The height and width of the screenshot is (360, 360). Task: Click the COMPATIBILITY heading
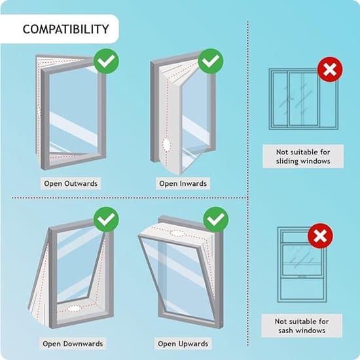click(x=65, y=29)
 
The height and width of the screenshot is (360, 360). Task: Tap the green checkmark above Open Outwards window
click(x=106, y=61)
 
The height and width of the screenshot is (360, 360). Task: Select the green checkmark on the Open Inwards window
click(x=211, y=61)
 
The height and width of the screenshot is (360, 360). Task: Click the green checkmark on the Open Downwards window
click(x=106, y=219)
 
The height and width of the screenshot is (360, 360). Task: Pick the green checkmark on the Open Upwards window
click(x=216, y=219)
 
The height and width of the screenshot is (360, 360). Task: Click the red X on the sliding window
click(x=330, y=69)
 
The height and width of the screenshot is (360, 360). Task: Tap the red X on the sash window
click(x=320, y=236)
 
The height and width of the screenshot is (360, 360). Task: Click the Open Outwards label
click(x=71, y=183)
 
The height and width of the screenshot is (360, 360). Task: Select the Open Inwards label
click(x=183, y=183)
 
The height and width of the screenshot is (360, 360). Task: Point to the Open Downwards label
click(x=73, y=344)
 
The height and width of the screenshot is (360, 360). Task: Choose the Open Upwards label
click(x=183, y=344)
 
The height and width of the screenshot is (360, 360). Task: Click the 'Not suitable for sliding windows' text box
click(x=303, y=156)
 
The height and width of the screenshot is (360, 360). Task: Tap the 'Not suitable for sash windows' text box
click(x=302, y=326)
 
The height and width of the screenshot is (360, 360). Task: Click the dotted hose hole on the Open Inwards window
click(x=167, y=145)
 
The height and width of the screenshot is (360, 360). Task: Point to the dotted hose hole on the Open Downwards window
click(x=74, y=308)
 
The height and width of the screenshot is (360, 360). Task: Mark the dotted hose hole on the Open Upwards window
click(x=177, y=233)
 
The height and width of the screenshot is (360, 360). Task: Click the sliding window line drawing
click(x=304, y=99)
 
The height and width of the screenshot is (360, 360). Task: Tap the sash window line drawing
click(x=302, y=264)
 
